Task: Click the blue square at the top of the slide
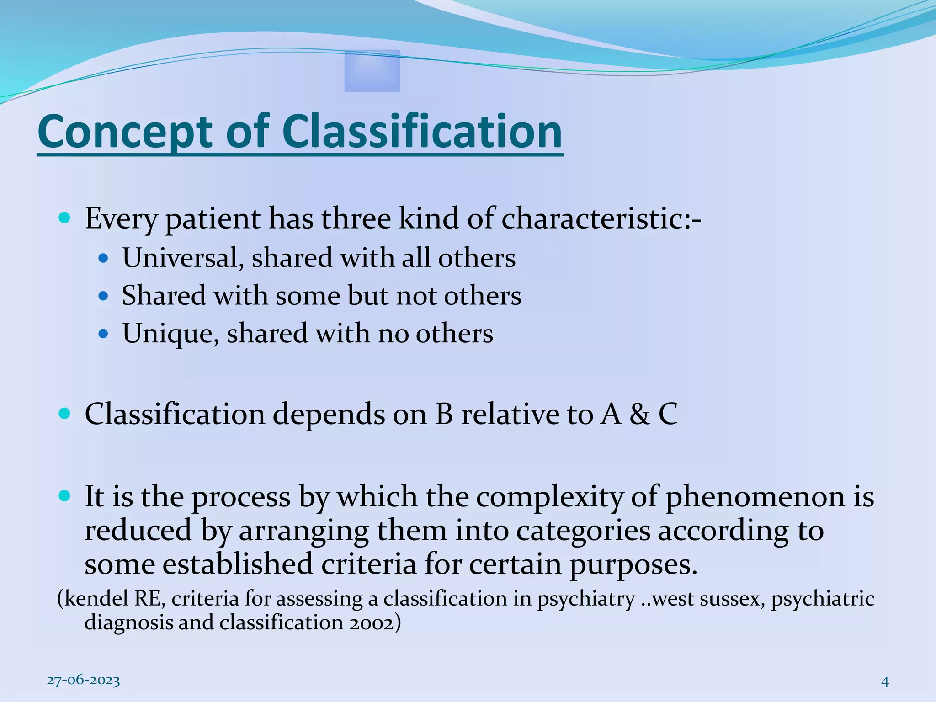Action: click(x=372, y=71)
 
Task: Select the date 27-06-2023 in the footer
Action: click(x=84, y=681)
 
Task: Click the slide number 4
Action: click(x=885, y=682)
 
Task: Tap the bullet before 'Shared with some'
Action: click(x=103, y=296)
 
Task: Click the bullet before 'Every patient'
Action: click(x=65, y=218)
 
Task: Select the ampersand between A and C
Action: click(x=639, y=415)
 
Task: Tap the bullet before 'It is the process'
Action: click(x=65, y=495)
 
